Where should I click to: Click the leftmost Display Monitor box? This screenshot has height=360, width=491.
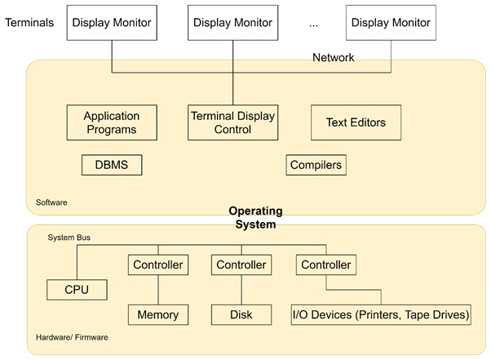(x=112, y=23)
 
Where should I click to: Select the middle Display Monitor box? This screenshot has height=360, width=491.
(x=232, y=23)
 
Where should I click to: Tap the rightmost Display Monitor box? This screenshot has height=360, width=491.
(x=391, y=23)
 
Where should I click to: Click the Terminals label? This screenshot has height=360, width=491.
(x=29, y=23)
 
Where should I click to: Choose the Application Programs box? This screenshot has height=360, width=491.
(x=112, y=122)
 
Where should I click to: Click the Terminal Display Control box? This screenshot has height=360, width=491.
(x=232, y=122)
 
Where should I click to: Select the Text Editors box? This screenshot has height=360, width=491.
(x=356, y=122)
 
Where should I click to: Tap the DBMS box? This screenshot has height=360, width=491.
(x=112, y=166)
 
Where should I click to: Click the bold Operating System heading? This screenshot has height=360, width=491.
(x=255, y=217)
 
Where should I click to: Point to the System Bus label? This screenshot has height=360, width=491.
(x=69, y=238)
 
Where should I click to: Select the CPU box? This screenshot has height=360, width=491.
(x=77, y=289)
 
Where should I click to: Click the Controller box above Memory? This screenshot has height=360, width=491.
(x=157, y=265)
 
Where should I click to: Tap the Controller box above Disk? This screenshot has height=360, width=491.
(x=241, y=265)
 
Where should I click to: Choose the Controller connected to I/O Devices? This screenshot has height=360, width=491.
(x=325, y=265)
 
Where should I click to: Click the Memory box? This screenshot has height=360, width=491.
(x=157, y=314)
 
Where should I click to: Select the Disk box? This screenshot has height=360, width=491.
(x=241, y=314)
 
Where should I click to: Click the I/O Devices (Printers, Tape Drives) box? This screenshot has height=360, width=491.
(x=381, y=314)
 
